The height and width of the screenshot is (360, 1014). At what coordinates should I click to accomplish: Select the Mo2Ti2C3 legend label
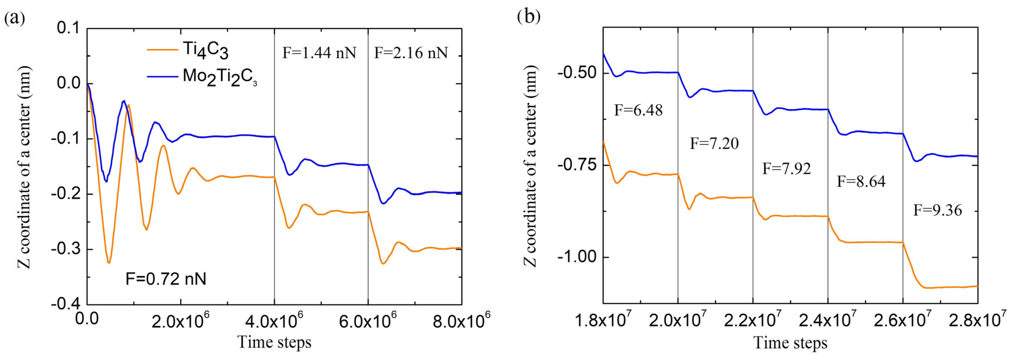[x=220, y=77]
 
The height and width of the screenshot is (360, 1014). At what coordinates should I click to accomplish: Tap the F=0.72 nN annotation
[x=166, y=279]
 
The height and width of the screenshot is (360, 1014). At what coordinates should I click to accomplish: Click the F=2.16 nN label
[x=411, y=53]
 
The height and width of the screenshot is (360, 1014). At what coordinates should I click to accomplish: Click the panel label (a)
[x=15, y=18]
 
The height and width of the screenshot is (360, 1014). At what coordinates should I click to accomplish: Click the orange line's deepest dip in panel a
[x=109, y=262]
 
